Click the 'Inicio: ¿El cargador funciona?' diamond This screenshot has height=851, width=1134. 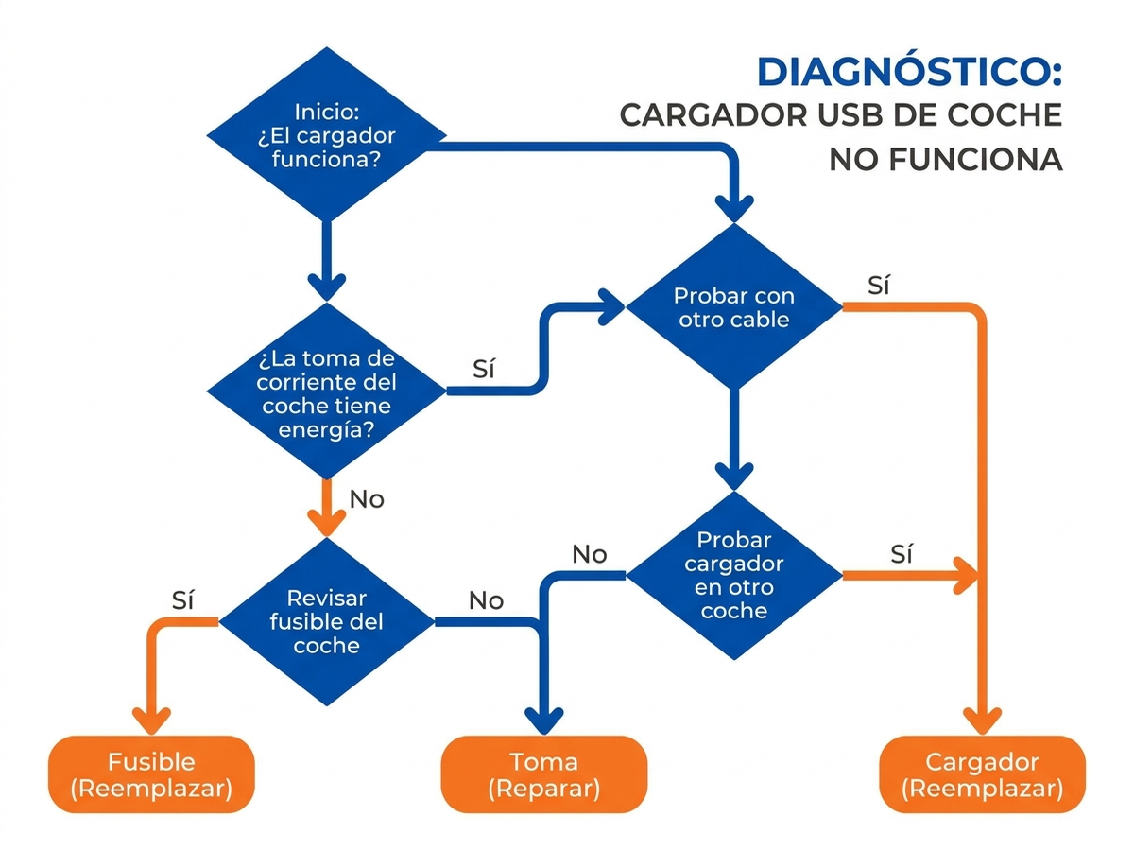[326, 135]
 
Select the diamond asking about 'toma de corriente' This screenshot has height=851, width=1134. [326, 391]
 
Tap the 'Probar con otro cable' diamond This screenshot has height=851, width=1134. [733, 306]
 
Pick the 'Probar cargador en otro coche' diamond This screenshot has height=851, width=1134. [733, 575]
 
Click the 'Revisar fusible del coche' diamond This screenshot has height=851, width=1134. [326, 621]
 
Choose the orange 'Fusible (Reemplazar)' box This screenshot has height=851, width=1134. [151, 774]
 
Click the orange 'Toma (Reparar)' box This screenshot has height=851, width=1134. [543, 774]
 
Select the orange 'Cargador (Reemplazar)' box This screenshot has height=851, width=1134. [982, 774]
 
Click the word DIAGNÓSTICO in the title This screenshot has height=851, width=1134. [909, 72]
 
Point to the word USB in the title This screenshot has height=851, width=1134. [850, 115]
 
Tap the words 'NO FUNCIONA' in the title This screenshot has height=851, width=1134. [946, 160]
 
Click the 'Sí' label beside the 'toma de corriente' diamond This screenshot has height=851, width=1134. [484, 369]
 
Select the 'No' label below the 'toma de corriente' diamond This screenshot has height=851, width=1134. [367, 499]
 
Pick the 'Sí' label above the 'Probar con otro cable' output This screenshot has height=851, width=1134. [879, 286]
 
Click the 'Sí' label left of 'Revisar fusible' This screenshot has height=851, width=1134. [183, 600]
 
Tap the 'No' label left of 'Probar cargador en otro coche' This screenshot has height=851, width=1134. [590, 554]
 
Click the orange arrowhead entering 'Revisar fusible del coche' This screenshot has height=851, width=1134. [327, 523]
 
